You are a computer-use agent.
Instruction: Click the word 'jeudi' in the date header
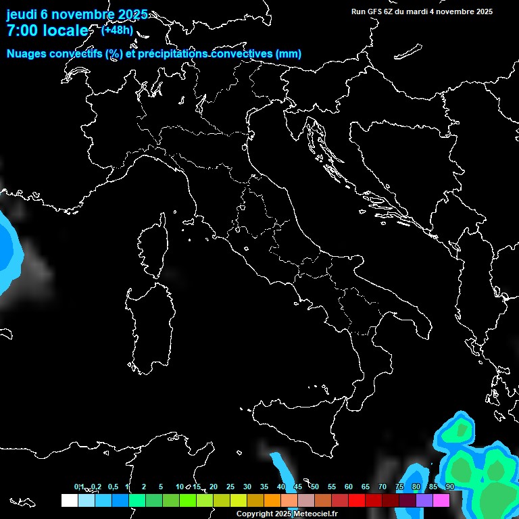pos(22,15)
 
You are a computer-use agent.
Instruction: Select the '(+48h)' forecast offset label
pos(117,30)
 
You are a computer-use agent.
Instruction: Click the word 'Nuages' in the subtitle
pos(26,54)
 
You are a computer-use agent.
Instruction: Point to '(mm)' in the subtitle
pos(288,54)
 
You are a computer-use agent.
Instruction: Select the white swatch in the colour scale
pos(69,500)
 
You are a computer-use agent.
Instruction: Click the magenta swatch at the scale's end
pos(441,500)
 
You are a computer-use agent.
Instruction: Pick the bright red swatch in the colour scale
pos(357,500)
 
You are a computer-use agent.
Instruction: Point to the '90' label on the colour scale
pos(449,487)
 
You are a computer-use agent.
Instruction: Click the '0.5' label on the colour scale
pos(113,487)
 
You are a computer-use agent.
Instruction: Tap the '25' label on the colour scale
pos(230,487)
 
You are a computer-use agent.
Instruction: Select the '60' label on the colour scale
pos(349,487)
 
